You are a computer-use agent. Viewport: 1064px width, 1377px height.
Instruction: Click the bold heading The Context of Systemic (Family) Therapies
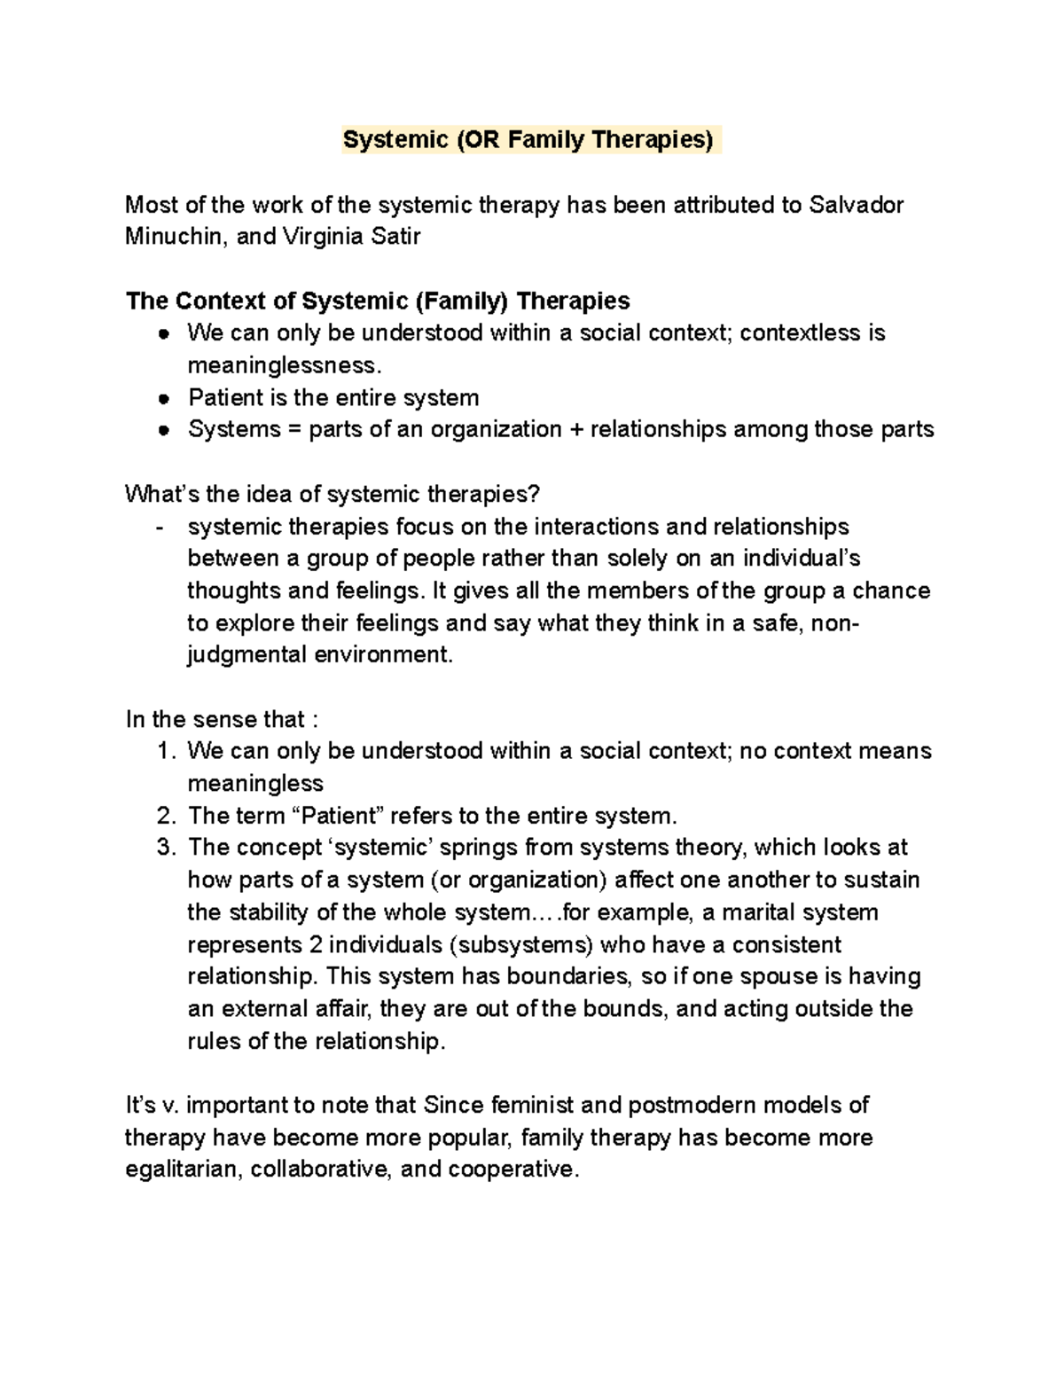[x=378, y=301]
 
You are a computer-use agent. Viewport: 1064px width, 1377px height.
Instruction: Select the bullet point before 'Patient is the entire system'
[x=163, y=398]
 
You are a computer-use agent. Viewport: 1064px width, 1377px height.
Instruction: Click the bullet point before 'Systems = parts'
[x=163, y=430]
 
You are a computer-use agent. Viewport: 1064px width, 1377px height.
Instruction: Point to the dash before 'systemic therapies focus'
[x=160, y=528]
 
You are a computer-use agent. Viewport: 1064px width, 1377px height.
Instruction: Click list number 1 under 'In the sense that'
[x=165, y=751]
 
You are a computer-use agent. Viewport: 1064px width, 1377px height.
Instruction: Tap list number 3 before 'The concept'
[x=165, y=848]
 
